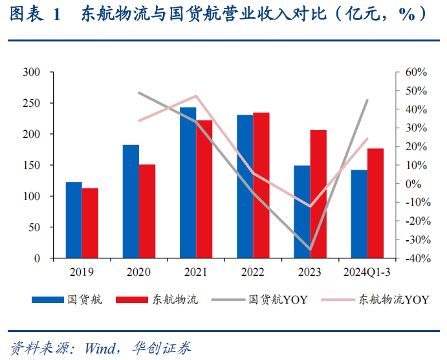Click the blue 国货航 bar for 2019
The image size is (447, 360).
coord(74,220)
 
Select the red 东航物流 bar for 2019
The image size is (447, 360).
coord(90,223)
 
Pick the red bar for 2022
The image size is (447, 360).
coord(261,185)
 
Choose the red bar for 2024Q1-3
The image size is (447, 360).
coord(375,203)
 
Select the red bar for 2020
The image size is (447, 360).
coord(147,211)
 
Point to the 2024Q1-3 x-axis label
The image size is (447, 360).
coord(367,273)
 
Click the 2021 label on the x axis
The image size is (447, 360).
coord(195,273)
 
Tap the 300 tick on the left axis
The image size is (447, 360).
coord(31,72)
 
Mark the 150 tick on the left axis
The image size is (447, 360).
coord(31,165)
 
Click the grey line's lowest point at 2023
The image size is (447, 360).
coord(310,249)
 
